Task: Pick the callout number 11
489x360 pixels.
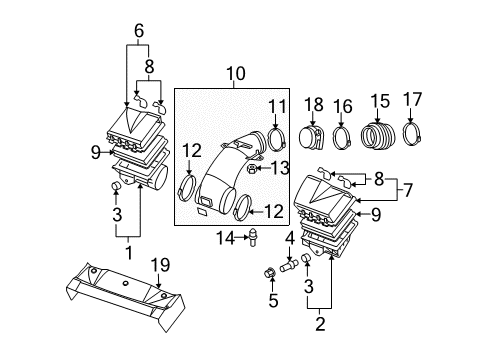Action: click(x=276, y=107)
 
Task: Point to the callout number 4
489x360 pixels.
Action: click(x=290, y=238)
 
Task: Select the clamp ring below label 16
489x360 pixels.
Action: click(x=343, y=137)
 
